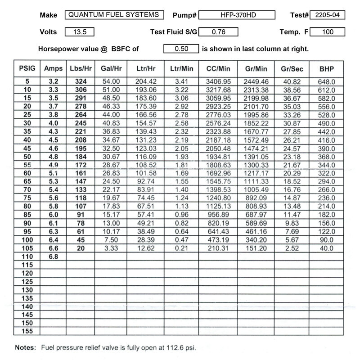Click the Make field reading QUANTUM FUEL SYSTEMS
[113, 15]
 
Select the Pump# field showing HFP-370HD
[236, 15]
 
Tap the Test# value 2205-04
[328, 15]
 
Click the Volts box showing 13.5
[80, 32]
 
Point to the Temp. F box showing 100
[327, 32]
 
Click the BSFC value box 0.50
[181, 49]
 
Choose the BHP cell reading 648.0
[326, 81]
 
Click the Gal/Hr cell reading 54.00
[111, 81]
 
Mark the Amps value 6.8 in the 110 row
[54, 256]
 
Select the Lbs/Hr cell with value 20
[81, 248]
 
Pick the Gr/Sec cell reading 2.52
[292, 248]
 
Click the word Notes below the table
[26, 347]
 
